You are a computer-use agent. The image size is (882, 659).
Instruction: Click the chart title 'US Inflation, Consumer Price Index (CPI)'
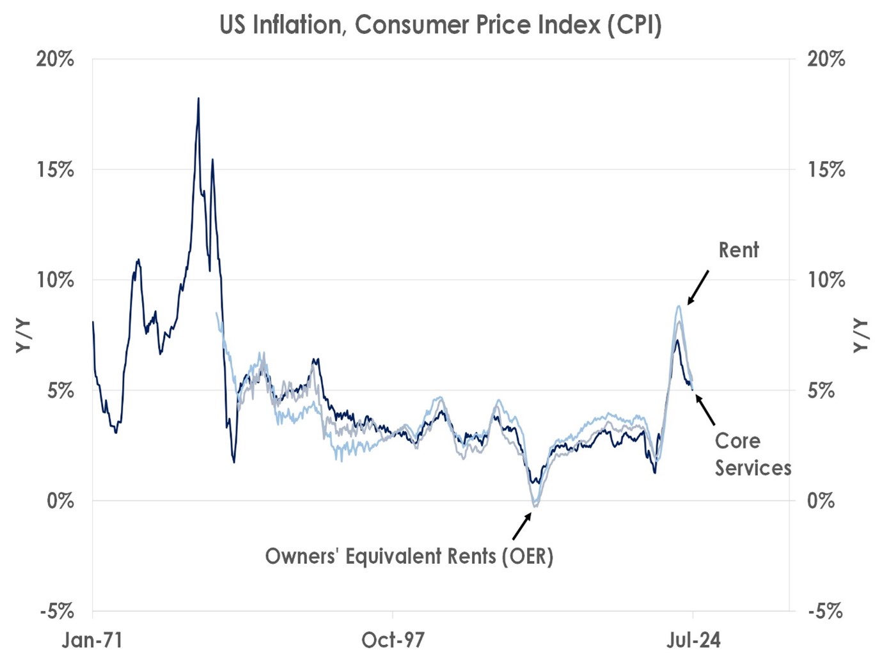pos(440,26)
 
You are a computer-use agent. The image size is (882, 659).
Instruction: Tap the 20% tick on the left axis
pos(55,59)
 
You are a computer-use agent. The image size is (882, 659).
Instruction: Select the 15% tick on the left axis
pos(55,170)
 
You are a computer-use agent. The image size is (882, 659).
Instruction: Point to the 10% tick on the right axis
pos(826,280)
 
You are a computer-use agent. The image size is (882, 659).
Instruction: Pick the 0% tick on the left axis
pos(60,500)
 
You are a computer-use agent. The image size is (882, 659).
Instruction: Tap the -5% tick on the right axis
pos(825,612)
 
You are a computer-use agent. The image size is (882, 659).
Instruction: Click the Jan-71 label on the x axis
pos(92,640)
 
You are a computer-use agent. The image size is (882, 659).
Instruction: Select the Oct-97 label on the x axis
pos(393,640)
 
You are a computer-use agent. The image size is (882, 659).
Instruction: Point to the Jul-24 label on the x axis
pos(693,640)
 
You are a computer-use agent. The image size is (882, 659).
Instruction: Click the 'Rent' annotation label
pos(738,250)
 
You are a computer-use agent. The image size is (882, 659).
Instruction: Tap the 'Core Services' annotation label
pos(752,454)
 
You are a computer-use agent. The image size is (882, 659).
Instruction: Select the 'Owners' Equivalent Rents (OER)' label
pos(409,556)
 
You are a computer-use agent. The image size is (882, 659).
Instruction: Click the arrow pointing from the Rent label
pos(698,287)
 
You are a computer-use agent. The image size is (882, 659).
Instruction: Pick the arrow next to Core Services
pos(705,410)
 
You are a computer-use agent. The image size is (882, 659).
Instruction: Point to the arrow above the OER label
pos(522,527)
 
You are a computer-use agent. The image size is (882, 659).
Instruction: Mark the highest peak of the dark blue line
pos(198,98)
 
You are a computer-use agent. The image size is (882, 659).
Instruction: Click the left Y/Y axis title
pos(23,336)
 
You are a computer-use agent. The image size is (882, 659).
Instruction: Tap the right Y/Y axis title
pos(861,336)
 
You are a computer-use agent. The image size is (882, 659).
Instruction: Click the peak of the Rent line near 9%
pos(679,306)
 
